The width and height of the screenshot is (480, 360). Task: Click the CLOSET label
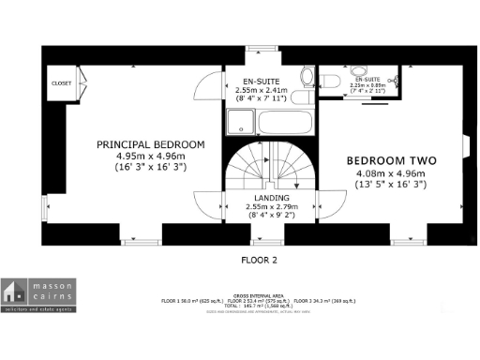click(63, 82)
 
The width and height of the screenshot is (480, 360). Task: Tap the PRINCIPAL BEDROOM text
click(150, 143)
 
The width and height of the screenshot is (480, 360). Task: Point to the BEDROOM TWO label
click(391, 160)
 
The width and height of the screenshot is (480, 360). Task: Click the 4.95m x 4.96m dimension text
click(150, 156)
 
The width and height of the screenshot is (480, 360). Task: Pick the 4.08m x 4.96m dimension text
click(391, 173)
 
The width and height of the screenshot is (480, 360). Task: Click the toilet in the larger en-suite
click(306, 79)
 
